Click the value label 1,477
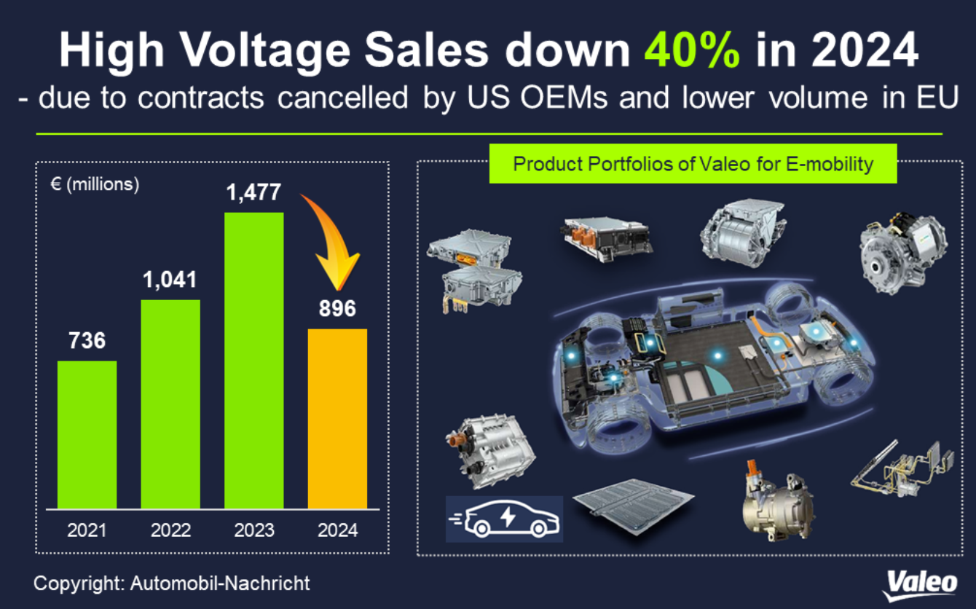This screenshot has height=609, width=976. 253,193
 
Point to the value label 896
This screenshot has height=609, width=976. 337,309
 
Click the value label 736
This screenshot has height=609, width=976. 87,340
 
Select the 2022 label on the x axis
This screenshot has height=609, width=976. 170,530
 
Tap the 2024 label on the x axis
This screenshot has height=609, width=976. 337,530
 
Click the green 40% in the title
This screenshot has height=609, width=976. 693,51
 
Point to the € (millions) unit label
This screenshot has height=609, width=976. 95,184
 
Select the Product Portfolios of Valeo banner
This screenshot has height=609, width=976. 693,163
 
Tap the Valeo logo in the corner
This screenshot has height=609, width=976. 921,584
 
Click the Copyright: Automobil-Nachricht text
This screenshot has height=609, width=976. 172,583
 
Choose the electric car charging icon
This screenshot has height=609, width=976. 504,519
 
